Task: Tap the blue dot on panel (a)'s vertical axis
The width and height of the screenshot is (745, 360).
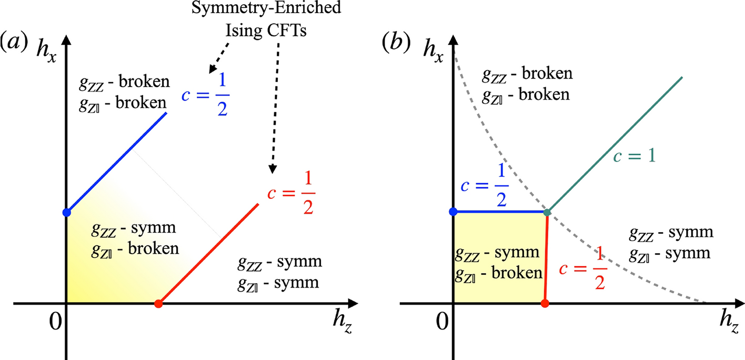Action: pos(66,213)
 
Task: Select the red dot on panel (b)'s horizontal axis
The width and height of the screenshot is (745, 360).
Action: pos(545,304)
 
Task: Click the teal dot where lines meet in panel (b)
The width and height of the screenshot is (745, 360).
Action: pos(548,212)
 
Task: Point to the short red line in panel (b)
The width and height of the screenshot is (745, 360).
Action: pos(546,258)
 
